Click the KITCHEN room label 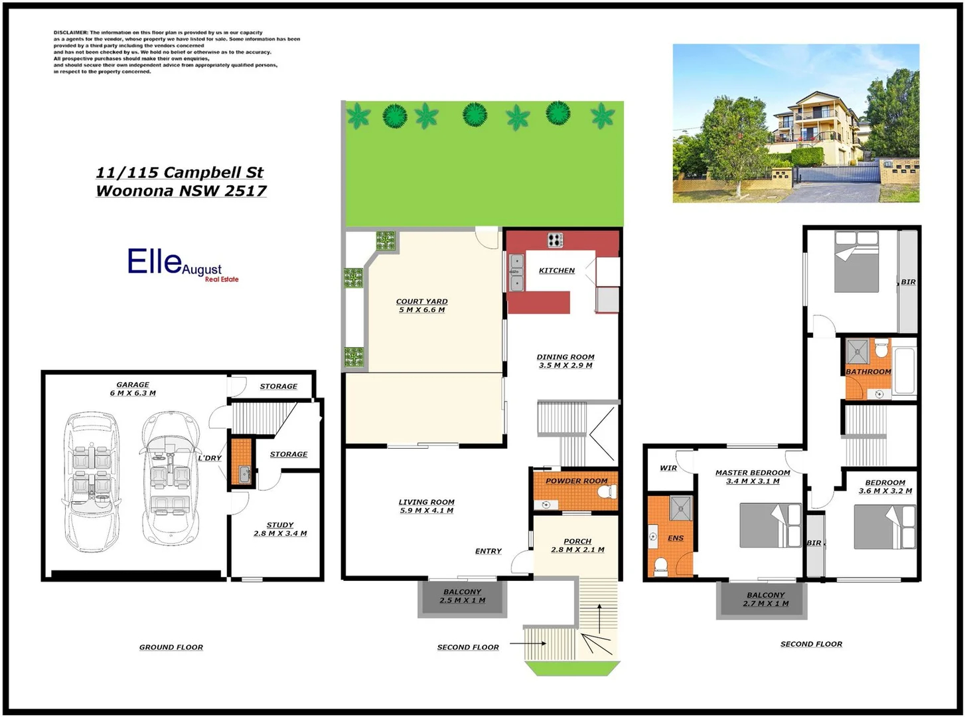coord(556,270)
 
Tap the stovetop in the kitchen coord(555,240)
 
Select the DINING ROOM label coord(565,357)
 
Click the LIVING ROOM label coord(426,502)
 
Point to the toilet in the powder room coord(606,492)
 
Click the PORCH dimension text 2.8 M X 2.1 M coord(577,550)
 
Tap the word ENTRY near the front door coord(488,551)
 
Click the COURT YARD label coord(421,301)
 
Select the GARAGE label coord(133,384)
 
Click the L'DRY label coord(210,458)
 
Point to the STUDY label coord(280,524)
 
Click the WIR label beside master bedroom coord(668,468)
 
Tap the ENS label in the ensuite coord(676,538)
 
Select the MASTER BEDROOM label coord(753,473)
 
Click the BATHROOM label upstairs coord(868,372)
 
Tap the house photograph coord(796,123)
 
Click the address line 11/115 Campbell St coord(180,173)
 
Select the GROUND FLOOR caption coord(171,647)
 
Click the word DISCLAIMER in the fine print coord(71,33)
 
